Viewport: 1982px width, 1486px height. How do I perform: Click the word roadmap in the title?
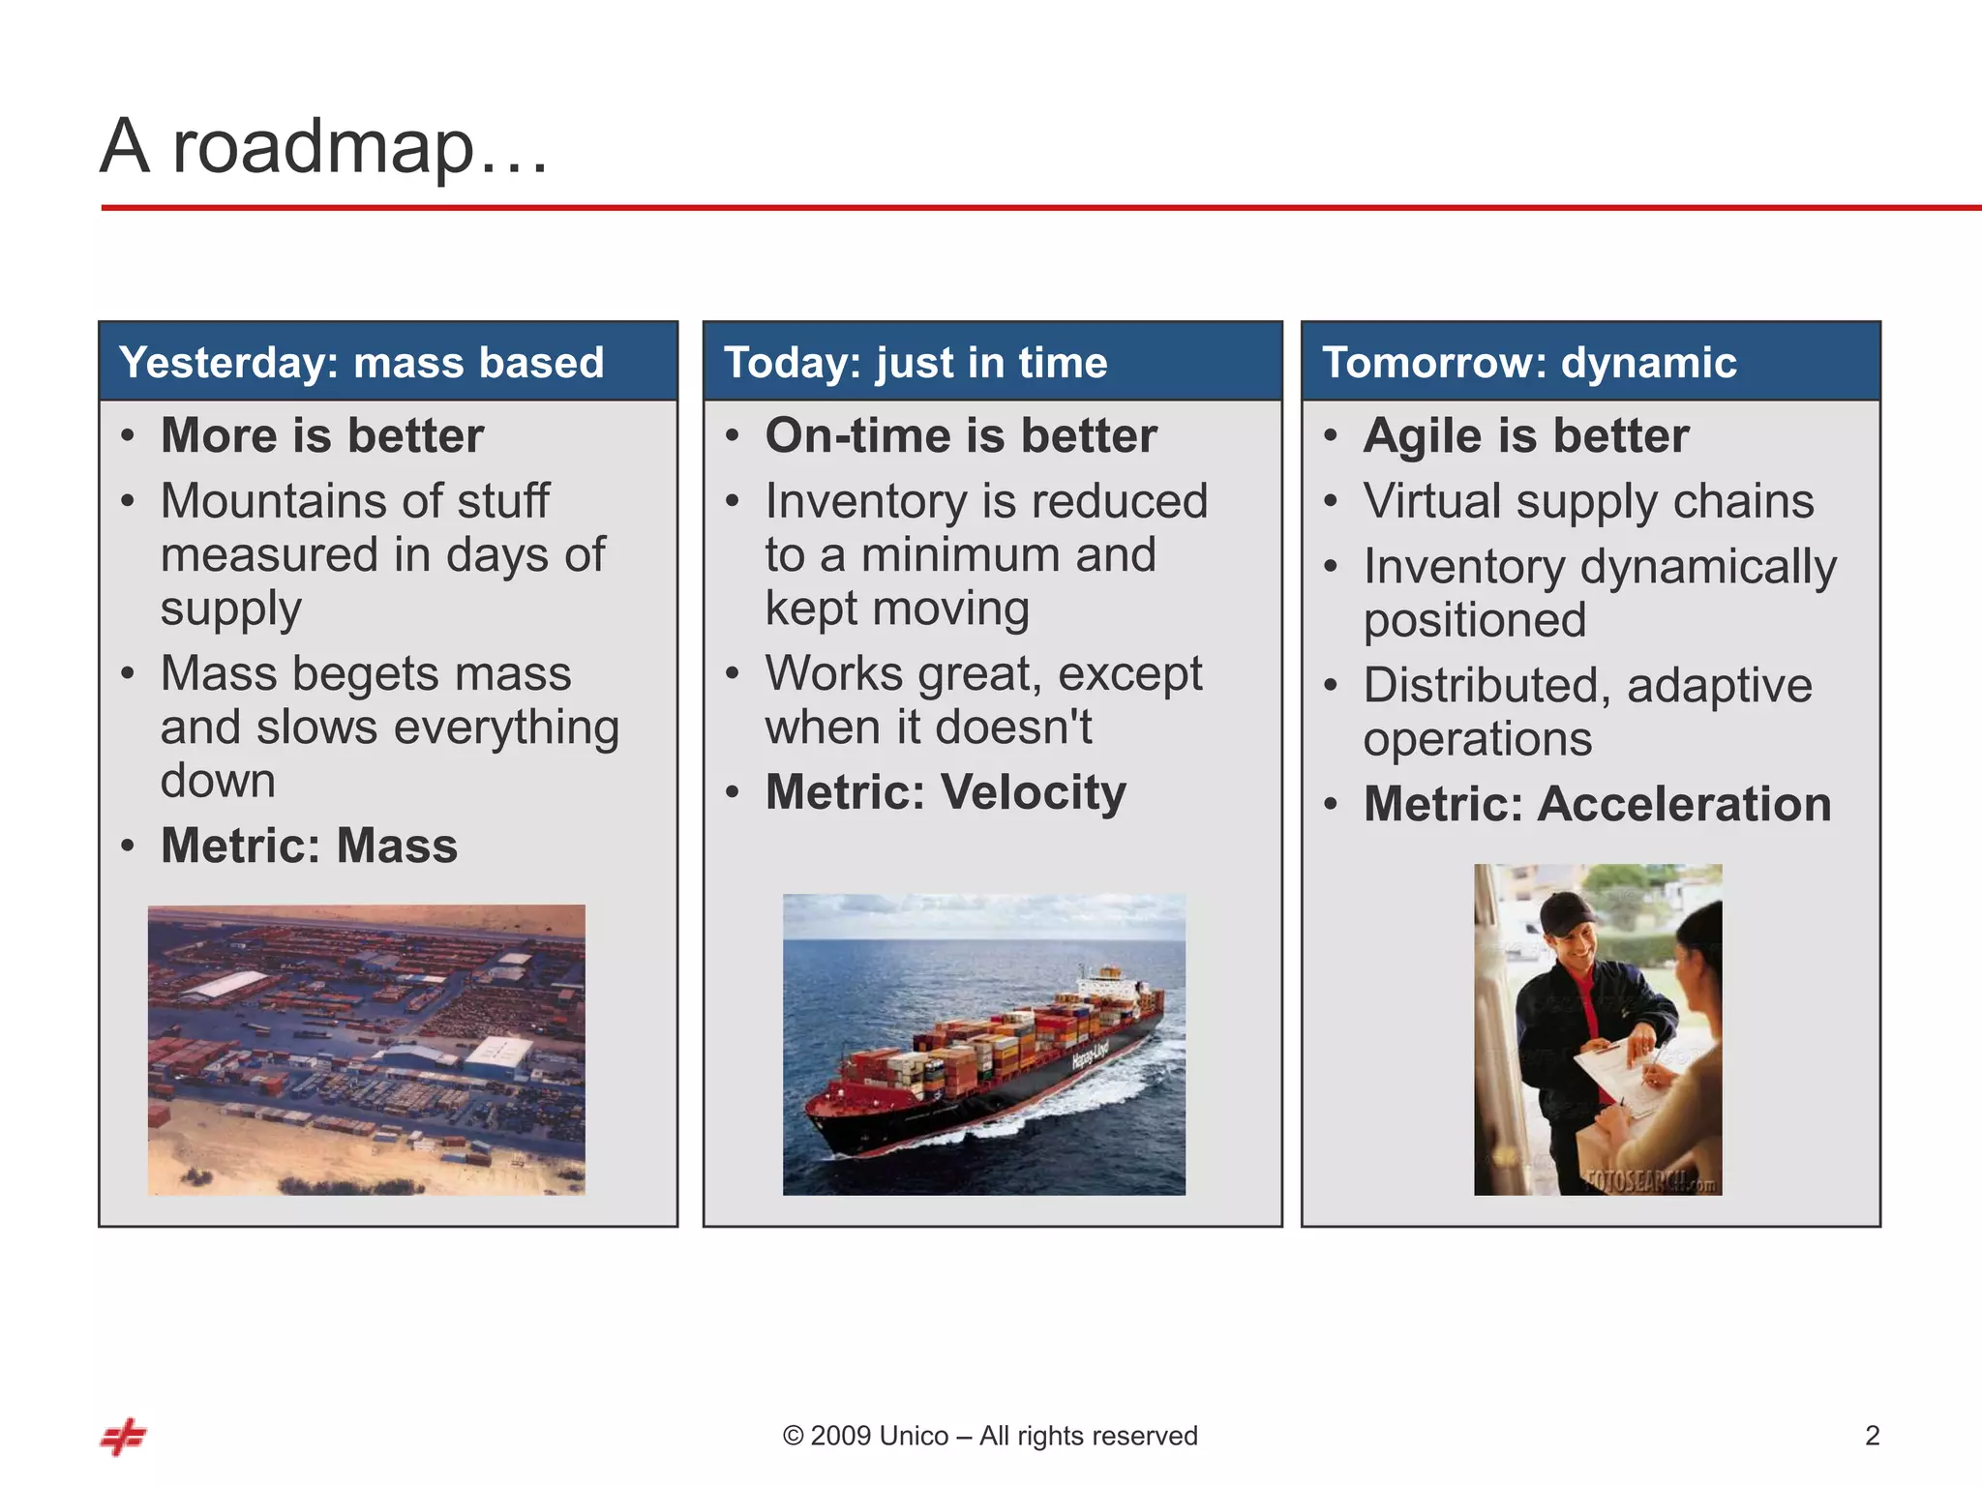pyautogui.click(x=323, y=148)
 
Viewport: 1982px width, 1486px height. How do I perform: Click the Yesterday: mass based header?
pyautogui.click(x=361, y=363)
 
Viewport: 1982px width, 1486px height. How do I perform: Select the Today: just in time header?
pyautogui.click(x=915, y=363)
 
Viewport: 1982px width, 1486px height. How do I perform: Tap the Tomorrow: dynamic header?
pyautogui.click(x=1528, y=363)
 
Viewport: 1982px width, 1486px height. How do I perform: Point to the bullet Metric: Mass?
pyautogui.click(x=309, y=846)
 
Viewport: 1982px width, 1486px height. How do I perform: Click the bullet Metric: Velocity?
pyautogui.click(x=946, y=792)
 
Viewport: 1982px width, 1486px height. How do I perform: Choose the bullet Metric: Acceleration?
pyautogui.click(x=1596, y=804)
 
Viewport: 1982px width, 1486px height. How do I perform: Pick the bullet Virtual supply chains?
pyautogui.click(x=1588, y=501)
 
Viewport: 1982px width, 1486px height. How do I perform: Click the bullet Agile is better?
pyautogui.click(x=1525, y=435)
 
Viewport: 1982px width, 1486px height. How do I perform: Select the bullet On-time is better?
pyautogui.click(x=960, y=435)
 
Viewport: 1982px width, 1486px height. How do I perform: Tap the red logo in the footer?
pyautogui.click(x=123, y=1437)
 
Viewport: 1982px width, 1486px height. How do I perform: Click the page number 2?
pyautogui.click(x=1872, y=1436)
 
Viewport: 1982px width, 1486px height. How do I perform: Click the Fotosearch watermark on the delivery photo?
pyautogui.click(x=1650, y=1180)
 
